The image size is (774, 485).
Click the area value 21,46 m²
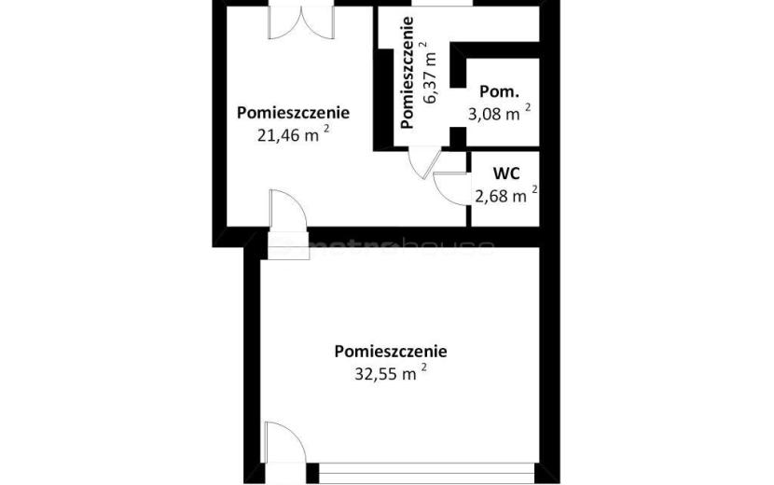[x=293, y=134]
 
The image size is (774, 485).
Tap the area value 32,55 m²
[x=391, y=372]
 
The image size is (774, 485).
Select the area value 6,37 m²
[x=429, y=72]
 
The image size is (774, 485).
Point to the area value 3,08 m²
[x=500, y=113]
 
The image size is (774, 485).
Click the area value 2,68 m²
[x=506, y=195]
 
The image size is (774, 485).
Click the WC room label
[x=506, y=173]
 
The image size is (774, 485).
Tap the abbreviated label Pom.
[x=499, y=91]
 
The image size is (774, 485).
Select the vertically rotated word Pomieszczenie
[x=407, y=73]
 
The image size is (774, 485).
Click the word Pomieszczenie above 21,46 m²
[x=293, y=113]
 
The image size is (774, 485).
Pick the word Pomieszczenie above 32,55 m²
[x=391, y=351]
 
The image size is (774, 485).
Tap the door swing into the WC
[x=449, y=188]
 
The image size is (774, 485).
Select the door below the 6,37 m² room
[x=424, y=163]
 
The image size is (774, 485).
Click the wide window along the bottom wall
[x=427, y=473]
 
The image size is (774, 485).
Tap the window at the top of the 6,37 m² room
[x=442, y=3]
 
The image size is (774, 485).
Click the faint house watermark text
[x=447, y=246]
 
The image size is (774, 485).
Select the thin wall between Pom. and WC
[x=503, y=148]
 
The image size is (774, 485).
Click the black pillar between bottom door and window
[x=312, y=473]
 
